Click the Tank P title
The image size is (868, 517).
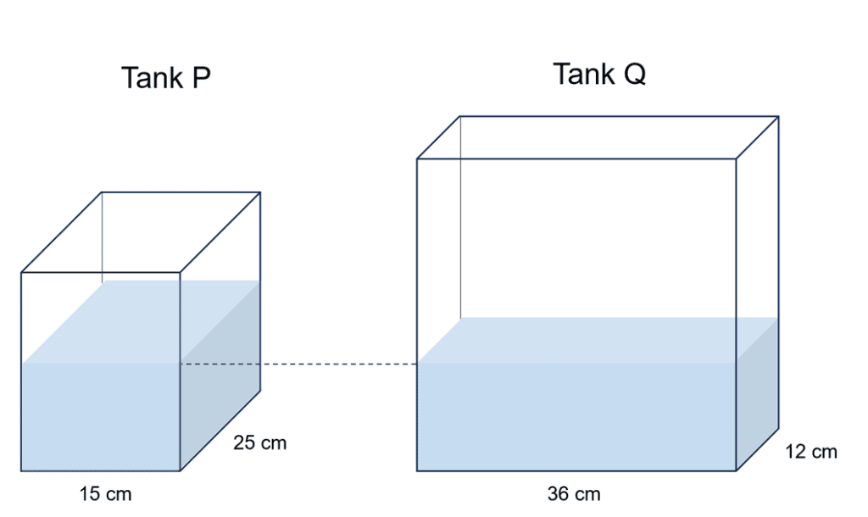[165, 78]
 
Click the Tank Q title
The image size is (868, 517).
[599, 75]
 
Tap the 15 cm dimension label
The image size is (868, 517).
[106, 493]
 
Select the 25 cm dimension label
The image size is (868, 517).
[259, 443]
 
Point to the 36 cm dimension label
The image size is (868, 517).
[574, 494]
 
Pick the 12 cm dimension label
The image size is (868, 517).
[811, 452]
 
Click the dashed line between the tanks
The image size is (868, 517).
[298, 364]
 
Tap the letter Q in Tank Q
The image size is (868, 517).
[634, 75]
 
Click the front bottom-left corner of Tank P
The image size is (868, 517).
[21, 470]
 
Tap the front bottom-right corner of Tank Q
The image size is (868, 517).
[736, 471]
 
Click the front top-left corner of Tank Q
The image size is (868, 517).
[417, 158]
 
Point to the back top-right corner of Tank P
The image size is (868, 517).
[260, 192]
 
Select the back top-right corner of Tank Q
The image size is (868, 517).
[778, 117]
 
